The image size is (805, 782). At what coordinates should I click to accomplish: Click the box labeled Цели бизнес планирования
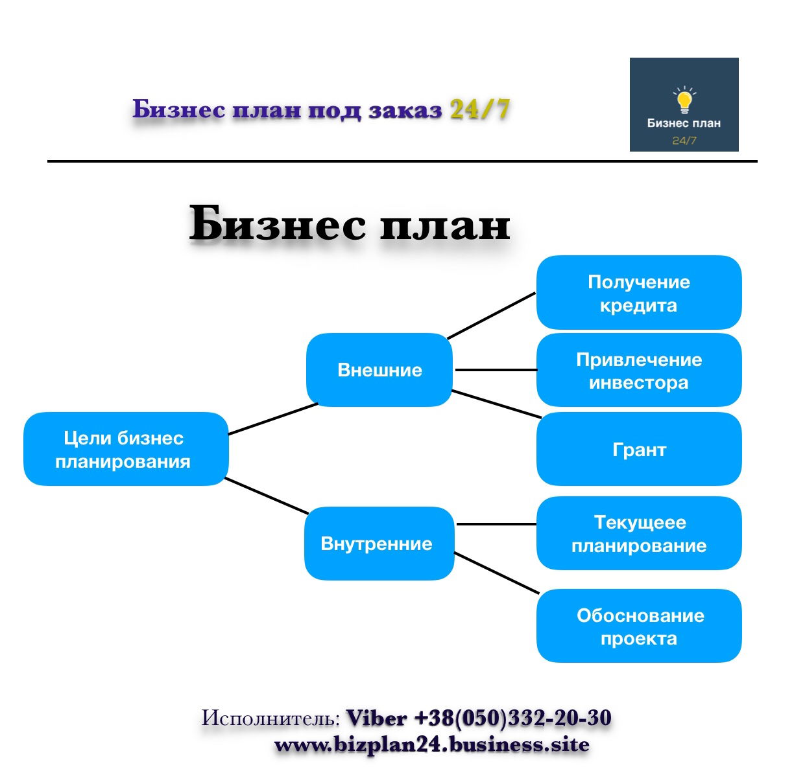point(126,449)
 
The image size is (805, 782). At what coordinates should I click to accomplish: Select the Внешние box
point(379,370)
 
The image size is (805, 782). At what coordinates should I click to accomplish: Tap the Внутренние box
point(379,543)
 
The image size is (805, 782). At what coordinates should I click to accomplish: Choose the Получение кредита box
point(639,292)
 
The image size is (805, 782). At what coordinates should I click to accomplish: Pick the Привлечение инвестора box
point(639,370)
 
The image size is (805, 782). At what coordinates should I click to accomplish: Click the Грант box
point(639,449)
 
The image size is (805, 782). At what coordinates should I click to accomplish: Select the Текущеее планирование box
point(639,533)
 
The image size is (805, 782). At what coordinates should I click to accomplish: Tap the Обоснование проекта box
point(639,626)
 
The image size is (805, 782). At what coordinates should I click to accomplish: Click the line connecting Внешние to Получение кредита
point(492,316)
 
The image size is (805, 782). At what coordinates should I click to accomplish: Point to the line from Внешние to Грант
point(496,404)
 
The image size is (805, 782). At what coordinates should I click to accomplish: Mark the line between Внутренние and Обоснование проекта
point(497,573)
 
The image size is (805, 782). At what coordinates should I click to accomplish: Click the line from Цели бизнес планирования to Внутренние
point(267,496)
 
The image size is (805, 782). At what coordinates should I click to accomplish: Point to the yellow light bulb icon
point(684,100)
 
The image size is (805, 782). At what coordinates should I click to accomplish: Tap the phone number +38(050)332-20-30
point(512,718)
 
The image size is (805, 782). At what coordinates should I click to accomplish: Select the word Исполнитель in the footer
point(270,718)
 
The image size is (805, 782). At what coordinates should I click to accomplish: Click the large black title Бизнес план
point(350,223)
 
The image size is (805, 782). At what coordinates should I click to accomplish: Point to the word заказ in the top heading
point(405,110)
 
